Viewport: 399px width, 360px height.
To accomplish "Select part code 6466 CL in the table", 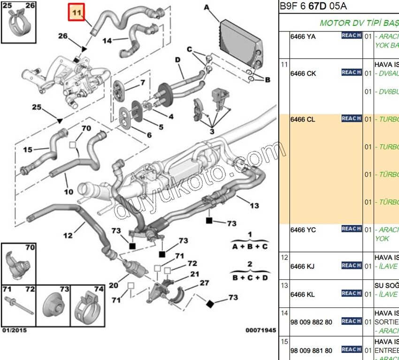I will click(303, 119).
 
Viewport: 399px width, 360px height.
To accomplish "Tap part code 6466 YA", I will click(303, 36).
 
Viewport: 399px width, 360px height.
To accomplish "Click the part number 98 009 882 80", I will click(311, 322).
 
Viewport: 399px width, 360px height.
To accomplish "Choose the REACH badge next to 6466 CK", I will click(351, 73).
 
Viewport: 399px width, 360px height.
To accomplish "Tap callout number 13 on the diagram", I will click(254, 205).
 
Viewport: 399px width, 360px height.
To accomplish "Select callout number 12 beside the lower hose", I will click(68, 235).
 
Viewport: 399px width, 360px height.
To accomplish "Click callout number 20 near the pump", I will click(113, 285).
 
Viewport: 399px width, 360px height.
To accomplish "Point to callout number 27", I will click(204, 283).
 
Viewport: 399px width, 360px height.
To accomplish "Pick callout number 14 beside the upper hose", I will click(107, 41).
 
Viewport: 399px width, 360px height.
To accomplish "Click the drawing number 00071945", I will click(261, 330).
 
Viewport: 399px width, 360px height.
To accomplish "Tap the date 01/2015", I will click(15, 330).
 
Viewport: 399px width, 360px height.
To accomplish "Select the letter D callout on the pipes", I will click(178, 60).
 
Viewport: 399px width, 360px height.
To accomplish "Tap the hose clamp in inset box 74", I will click(88, 304).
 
